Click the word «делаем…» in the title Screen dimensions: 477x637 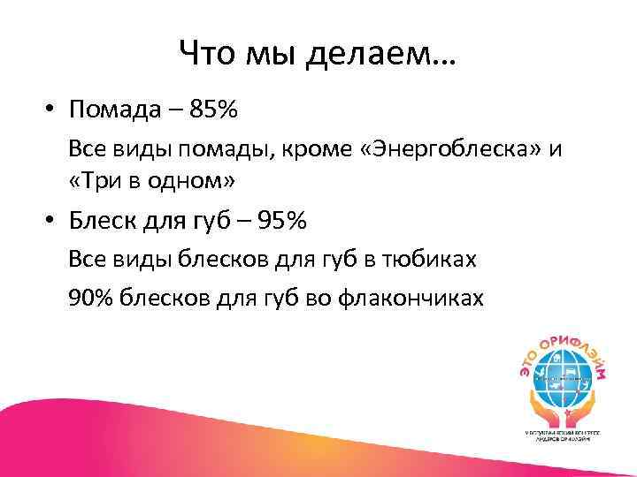click(382, 57)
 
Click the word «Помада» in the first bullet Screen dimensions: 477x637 click(114, 111)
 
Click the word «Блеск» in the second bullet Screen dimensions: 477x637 click(107, 221)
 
